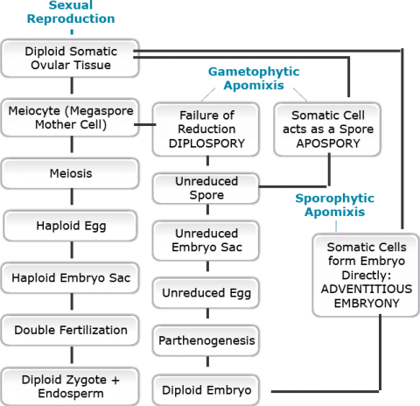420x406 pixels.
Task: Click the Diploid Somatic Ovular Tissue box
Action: [70, 58]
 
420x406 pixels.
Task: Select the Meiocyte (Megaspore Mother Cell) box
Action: [70, 117]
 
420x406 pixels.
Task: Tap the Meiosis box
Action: [70, 173]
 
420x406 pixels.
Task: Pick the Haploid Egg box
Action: [70, 226]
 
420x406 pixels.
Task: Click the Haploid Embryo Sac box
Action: [70, 277]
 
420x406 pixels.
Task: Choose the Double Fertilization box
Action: [70, 330]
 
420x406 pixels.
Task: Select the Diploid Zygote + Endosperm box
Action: [70, 387]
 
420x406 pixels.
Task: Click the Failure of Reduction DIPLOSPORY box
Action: [206, 129]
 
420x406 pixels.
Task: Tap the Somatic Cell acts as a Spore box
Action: [327, 129]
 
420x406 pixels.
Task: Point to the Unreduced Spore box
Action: [206, 188]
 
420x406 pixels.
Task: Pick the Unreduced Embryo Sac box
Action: [206, 241]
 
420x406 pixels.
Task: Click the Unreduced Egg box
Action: [206, 293]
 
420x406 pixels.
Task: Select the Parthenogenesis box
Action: [206, 340]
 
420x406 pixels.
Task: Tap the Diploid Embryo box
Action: [206, 390]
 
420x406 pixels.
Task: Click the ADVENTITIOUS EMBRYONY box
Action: [366, 275]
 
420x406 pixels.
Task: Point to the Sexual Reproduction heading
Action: [71, 12]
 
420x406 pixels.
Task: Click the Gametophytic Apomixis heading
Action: [254, 79]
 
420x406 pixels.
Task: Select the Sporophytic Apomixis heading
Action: [335, 205]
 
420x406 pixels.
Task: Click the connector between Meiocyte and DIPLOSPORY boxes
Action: [145, 124]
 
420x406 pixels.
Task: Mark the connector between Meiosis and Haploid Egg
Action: [72, 196]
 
